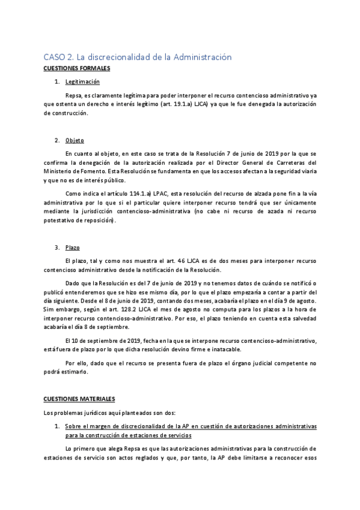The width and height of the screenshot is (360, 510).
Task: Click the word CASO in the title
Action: (x=54, y=57)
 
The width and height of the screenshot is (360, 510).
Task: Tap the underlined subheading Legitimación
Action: (x=82, y=81)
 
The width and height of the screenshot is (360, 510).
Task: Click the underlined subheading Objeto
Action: (x=75, y=141)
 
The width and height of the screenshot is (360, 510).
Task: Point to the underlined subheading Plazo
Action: (x=72, y=247)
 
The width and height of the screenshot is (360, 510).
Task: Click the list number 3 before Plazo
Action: (x=56, y=247)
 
